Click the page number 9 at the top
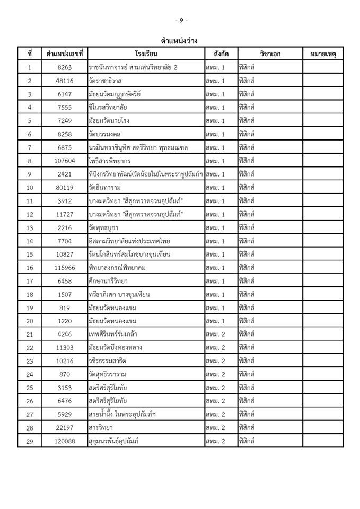[181, 20]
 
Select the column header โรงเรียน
[146, 54]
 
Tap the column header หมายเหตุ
[323, 54]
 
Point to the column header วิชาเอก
[270, 54]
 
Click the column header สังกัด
[221, 54]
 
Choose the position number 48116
[67, 81]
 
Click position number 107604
[67, 161]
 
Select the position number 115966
[67, 268]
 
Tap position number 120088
[67, 441]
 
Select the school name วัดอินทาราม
[107, 187]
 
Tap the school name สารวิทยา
[103, 427]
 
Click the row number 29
[30, 441]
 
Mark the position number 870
[67, 374]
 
